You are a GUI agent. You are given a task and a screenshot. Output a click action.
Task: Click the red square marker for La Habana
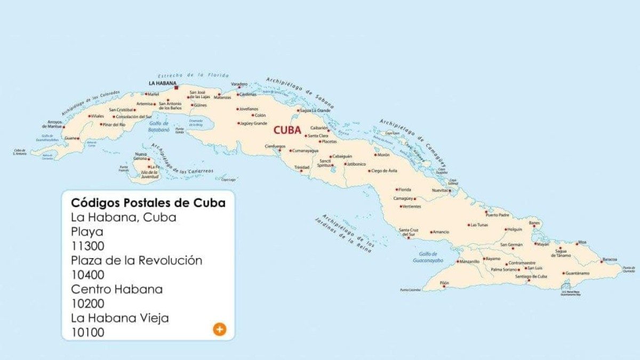(x=177, y=89)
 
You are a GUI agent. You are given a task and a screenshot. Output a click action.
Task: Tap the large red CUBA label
(x=287, y=130)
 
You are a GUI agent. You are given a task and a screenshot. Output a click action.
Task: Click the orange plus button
(x=219, y=329)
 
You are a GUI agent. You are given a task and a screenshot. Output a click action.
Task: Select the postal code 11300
(x=88, y=246)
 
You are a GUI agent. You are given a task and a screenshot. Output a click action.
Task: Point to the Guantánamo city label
(x=578, y=273)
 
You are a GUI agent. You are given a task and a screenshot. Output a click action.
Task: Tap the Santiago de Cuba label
(x=531, y=276)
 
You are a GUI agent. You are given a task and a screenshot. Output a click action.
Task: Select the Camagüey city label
(x=403, y=198)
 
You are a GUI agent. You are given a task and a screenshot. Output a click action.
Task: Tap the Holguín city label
(x=515, y=229)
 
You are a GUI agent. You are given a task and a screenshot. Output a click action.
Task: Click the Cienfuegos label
(x=275, y=146)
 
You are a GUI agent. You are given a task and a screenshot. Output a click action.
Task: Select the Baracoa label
(x=609, y=259)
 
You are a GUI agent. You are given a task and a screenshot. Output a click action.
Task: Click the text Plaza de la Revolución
(x=137, y=261)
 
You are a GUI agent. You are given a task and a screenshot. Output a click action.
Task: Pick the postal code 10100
(x=88, y=333)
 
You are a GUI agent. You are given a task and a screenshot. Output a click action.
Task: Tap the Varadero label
(x=239, y=84)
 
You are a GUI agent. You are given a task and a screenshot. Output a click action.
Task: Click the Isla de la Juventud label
(x=149, y=174)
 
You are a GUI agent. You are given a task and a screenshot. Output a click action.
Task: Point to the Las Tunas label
(x=478, y=225)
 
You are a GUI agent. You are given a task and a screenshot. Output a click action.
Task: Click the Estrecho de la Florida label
(x=193, y=75)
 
